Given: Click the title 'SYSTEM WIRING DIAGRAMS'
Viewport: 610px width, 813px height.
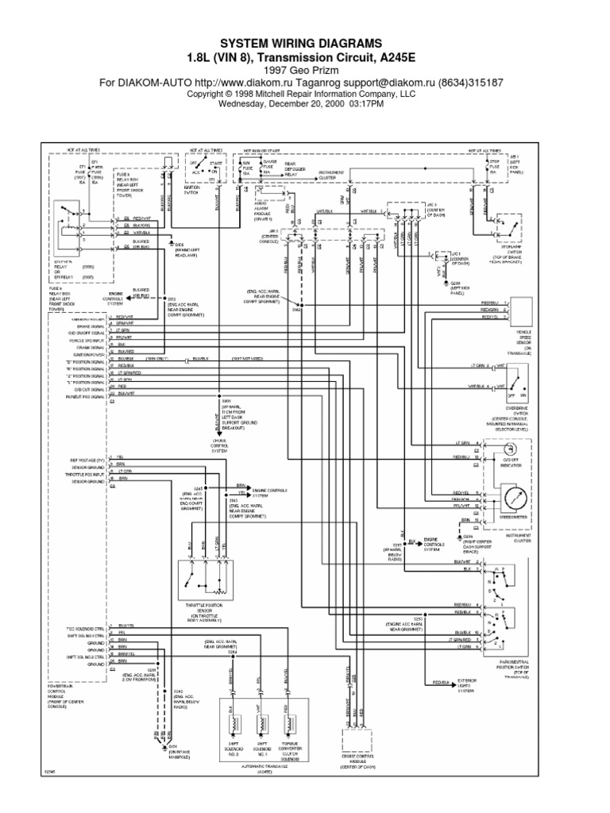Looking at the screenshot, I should pos(305,42).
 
